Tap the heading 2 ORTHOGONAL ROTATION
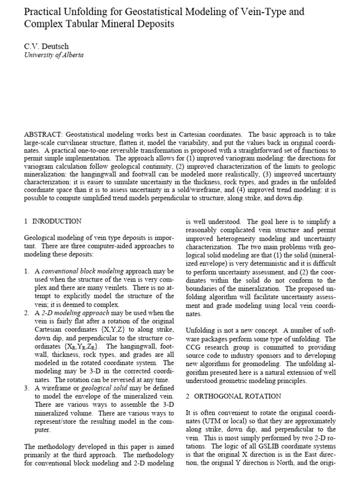point(233,396)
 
